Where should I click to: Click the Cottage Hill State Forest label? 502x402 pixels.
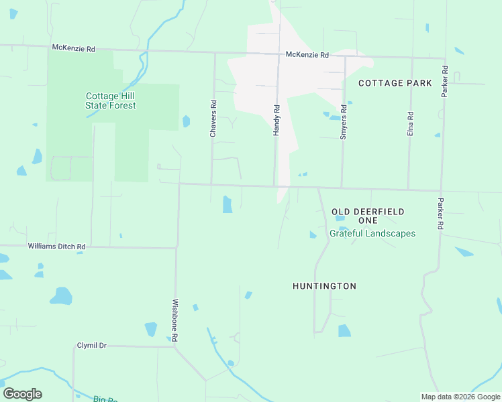click(111, 100)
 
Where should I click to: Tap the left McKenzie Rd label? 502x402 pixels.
click(74, 48)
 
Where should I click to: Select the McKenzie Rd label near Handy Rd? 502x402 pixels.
click(307, 55)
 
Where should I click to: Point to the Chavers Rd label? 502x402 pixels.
click(213, 119)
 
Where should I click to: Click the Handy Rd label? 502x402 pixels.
click(276, 120)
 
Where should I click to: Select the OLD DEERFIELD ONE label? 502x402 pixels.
click(368, 216)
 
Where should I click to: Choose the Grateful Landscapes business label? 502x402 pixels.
click(372, 234)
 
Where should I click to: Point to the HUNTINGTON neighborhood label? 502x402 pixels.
click(324, 286)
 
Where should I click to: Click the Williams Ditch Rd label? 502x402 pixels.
click(56, 247)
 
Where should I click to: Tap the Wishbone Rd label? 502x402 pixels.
click(175, 321)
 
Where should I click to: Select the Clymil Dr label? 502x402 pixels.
click(92, 346)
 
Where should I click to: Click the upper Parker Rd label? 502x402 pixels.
click(444, 82)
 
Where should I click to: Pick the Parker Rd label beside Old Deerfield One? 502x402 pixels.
click(441, 214)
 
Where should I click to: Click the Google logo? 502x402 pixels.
click(22, 394)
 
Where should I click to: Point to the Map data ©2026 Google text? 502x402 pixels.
click(460, 397)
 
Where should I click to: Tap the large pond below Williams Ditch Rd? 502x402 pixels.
click(61, 295)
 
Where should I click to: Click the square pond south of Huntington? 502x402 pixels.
click(344, 330)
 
